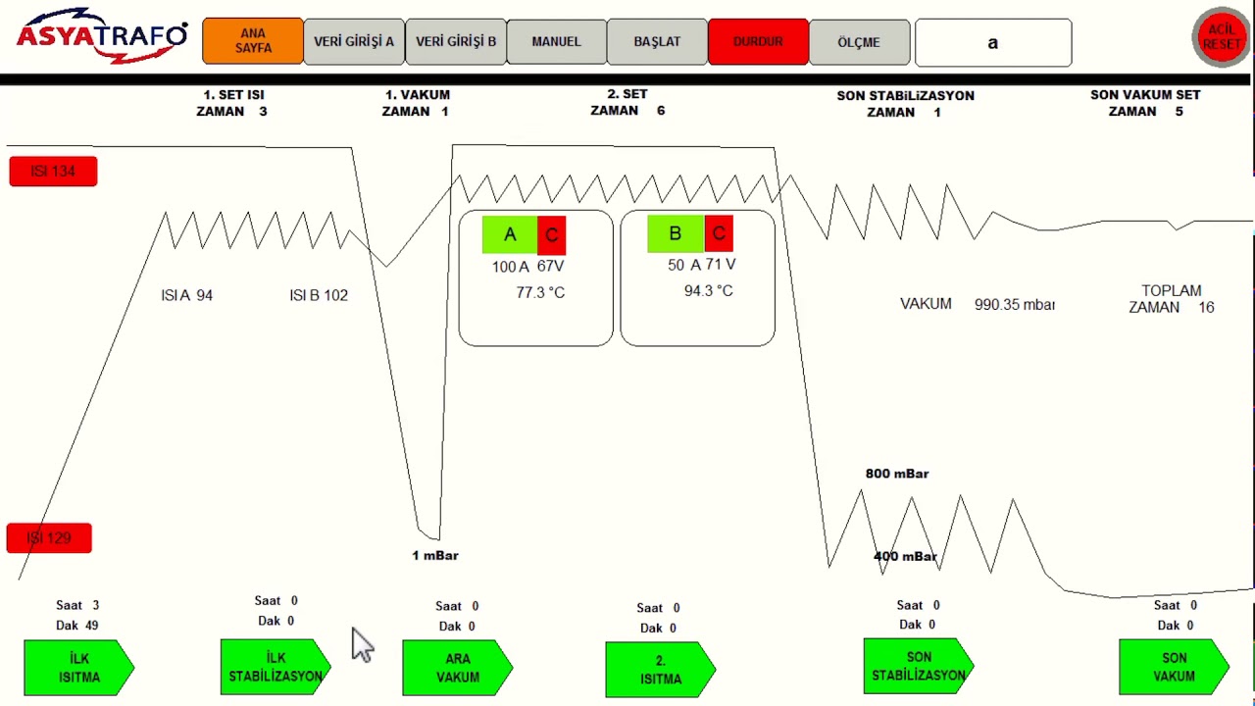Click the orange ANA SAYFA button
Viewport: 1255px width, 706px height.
click(253, 41)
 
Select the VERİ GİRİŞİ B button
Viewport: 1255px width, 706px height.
click(456, 41)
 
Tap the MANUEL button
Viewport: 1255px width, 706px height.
click(556, 41)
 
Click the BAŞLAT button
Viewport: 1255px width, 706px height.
click(657, 41)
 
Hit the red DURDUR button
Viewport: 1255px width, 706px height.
click(758, 41)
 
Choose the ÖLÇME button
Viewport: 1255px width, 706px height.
click(859, 42)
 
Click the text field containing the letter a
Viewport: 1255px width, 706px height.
click(993, 42)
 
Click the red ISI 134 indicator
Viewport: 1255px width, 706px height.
click(53, 171)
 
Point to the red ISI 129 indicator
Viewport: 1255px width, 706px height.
click(49, 538)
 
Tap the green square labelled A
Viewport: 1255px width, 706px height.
click(510, 234)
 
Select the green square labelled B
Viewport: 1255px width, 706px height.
click(676, 233)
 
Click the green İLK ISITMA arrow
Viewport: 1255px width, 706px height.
click(79, 668)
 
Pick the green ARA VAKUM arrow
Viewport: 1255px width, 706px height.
click(457, 668)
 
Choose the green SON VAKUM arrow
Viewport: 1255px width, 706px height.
click(1174, 667)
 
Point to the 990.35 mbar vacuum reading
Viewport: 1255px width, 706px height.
click(1014, 304)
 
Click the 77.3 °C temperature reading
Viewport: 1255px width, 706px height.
click(540, 292)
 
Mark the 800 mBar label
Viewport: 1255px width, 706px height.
click(897, 474)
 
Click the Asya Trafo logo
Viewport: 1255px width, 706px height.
click(102, 36)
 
